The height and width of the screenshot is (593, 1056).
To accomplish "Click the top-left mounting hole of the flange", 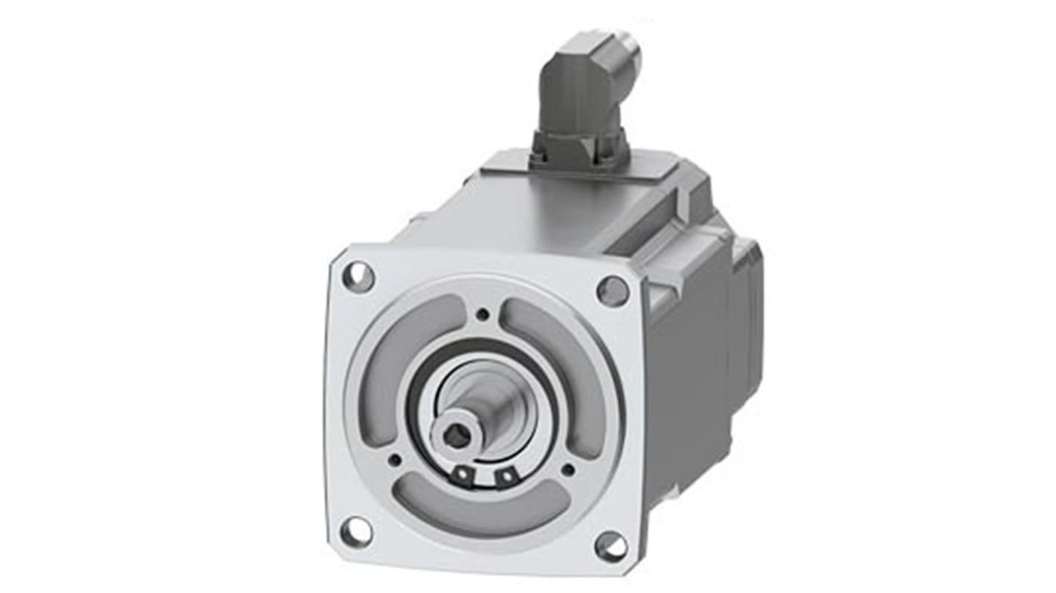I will (x=358, y=278).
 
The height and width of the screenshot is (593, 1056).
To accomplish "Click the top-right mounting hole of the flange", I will (x=613, y=291).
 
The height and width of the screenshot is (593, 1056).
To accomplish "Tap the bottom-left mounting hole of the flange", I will (x=356, y=531).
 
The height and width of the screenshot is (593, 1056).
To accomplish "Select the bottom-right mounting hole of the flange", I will (x=611, y=546).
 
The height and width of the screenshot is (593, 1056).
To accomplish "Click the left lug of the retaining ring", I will (x=463, y=473).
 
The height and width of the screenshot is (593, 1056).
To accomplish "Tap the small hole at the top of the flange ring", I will (x=483, y=315).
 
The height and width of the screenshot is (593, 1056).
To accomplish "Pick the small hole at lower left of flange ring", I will (x=395, y=460).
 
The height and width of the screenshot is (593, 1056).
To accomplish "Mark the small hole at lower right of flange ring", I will (x=568, y=469).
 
